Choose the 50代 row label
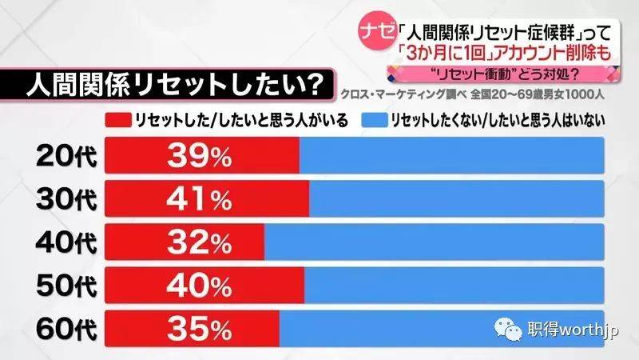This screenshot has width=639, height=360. (x=66, y=284)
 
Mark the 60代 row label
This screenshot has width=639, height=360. (x=66, y=326)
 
